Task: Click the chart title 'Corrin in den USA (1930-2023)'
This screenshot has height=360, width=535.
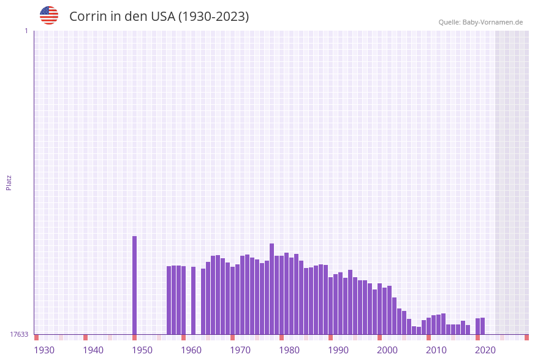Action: [x=159, y=17]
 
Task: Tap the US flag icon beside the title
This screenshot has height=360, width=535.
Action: [x=49, y=15]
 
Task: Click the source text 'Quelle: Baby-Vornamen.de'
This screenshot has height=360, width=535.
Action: [x=480, y=22]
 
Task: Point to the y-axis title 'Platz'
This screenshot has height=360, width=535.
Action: [x=9, y=182]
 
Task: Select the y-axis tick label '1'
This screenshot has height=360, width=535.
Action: [x=26, y=31]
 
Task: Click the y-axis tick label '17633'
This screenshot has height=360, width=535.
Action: [x=19, y=334]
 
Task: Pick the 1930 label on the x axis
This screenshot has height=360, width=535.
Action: [x=44, y=350]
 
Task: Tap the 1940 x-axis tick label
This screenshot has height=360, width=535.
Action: [x=93, y=350]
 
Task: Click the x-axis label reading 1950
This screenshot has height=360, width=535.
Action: [x=142, y=350]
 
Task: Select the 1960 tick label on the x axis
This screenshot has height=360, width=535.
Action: [x=191, y=350]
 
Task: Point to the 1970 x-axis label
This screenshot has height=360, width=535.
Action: [x=240, y=350]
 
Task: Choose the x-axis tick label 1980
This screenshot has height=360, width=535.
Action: [x=289, y=350]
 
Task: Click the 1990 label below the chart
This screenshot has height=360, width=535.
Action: [x=338, y=350]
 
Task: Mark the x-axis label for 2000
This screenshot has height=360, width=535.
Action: [x=387, y=350]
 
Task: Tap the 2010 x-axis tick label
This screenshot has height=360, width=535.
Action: [x=436, y=350]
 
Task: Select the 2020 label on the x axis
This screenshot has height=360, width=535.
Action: [x=485, y=350]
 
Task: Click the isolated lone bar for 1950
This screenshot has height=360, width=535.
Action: [x=135, y=285]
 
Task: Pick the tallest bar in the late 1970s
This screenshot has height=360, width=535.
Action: [x=272, y=288]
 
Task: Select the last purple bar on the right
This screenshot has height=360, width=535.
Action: [x=483, y=326]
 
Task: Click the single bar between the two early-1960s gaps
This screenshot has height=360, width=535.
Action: [x=194, y=301]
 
